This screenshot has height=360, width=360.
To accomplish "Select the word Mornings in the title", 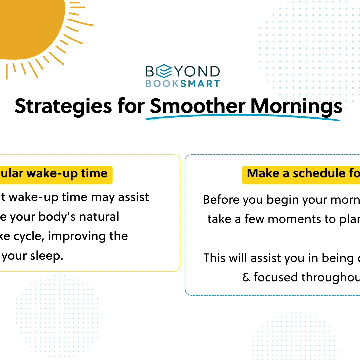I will pos(296,106).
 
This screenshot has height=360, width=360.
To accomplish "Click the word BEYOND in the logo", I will pos(183,71).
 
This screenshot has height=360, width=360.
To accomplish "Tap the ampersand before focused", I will pos(246,277).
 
